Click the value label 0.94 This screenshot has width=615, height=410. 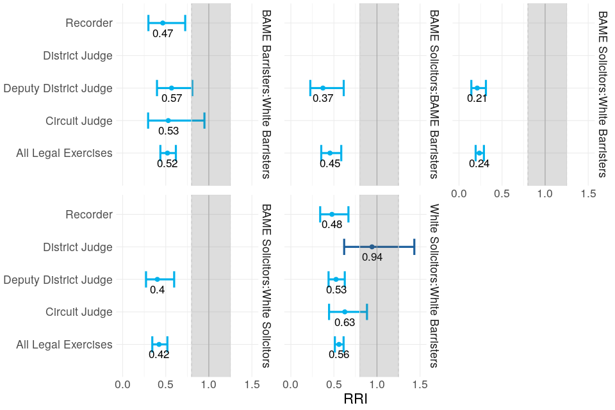[x=372, y=258]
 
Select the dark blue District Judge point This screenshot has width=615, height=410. [x=372, y=247]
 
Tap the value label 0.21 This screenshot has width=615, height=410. [x=477, y=99]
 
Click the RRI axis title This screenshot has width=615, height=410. [x=356, y=398]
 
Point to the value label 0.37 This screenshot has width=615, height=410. [x=323, y=99]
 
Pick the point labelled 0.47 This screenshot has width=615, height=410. [x=163, y=23]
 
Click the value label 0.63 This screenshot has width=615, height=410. [x=345, y=323]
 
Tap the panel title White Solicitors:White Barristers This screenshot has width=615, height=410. [x=434, y=286]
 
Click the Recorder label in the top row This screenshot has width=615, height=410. [x=89, y=23]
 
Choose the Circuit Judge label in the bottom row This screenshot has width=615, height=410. [x=79, y=312]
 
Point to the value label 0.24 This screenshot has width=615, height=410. [x=479, y=164]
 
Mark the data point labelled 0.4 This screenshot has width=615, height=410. [x=157, y=279]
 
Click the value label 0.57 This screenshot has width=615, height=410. [x=172, y=99]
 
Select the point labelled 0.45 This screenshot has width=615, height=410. [x=330, y=153]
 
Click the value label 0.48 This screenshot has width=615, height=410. [x=332, y=225]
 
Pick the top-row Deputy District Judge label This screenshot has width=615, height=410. [x=58, y=88]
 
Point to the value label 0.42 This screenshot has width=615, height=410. [x=159, y=355]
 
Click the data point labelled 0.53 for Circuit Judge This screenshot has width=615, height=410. [x=168, y=120]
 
